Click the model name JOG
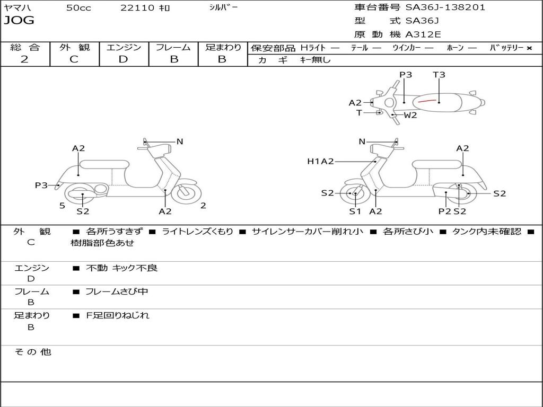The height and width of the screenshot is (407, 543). (19, 20)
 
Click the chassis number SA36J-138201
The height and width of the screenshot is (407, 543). (445, 7)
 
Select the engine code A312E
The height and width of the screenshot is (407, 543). (423, 34)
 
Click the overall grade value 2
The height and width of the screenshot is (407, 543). (24, 59)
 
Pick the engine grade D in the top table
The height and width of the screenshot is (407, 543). (123, 59)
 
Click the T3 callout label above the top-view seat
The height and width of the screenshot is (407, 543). (439, 75)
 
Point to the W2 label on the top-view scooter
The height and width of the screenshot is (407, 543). (410, 115)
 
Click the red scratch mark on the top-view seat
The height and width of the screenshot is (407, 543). (427, 101)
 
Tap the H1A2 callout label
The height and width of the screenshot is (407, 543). (320, 161)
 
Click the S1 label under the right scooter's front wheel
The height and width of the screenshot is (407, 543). (355, 211)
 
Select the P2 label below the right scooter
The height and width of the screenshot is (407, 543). (445, 211)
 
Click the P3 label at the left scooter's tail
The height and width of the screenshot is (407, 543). (41, 185)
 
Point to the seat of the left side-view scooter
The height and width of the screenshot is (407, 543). (104, 164)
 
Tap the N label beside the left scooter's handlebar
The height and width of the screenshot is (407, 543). (179, 141)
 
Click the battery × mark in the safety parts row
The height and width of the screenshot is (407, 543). (529, 48)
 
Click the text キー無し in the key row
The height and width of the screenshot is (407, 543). (315, 60)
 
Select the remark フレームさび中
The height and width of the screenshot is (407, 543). (117, 292)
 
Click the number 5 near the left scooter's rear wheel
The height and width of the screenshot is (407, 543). (62, 206)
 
